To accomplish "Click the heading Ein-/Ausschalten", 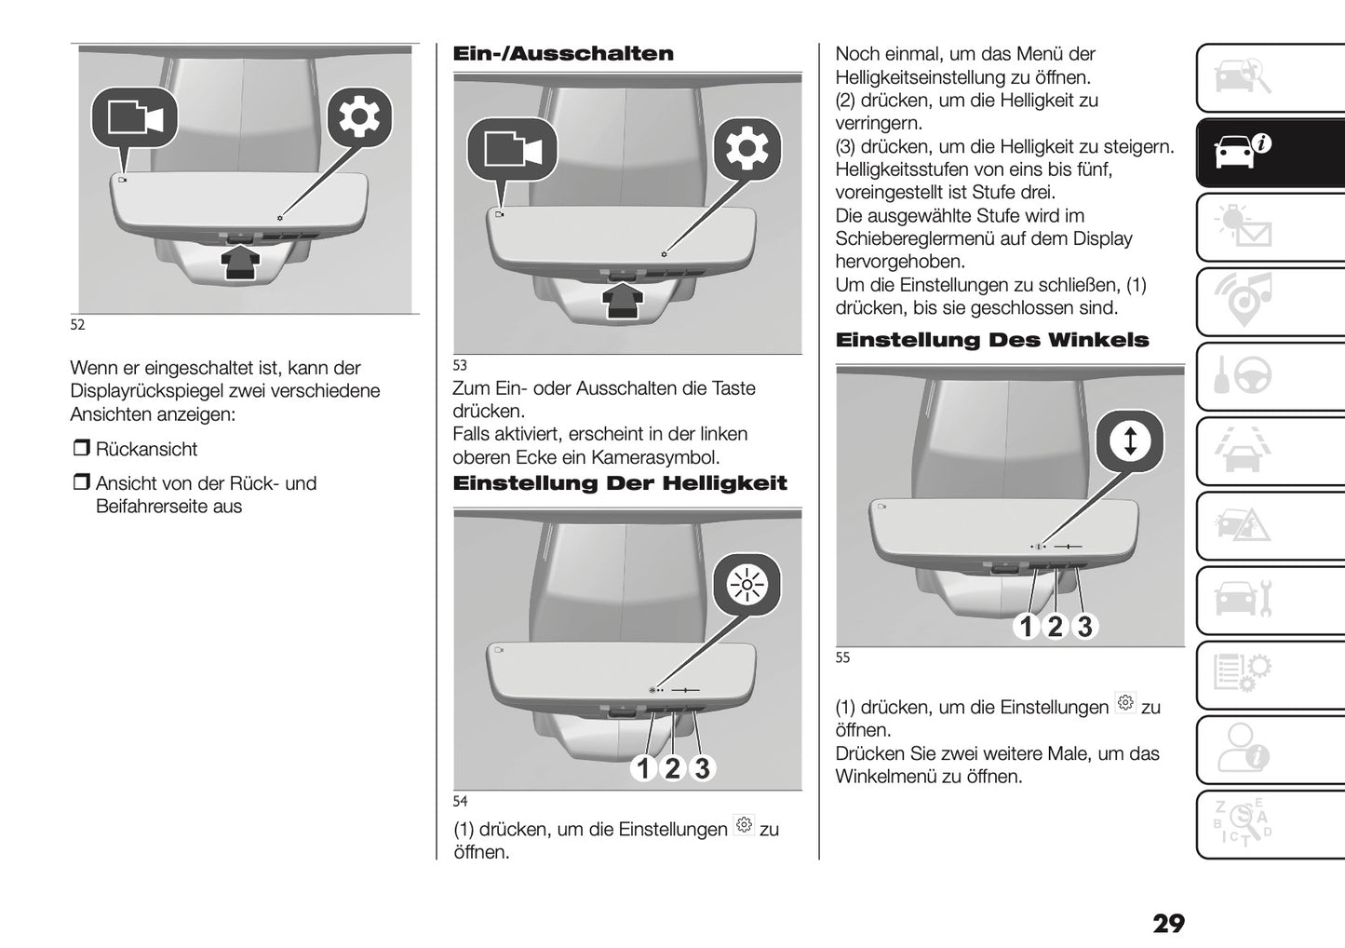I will [x=562, y=54].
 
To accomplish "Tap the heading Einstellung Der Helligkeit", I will [x=619, y=483].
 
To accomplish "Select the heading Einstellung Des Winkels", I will [x=991, y=341].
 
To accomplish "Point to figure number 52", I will [x=77, y=325].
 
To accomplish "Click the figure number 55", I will [x=842, y=658].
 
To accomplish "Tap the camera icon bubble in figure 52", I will [x=135, y=118].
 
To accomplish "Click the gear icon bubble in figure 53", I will [x=747, y=149].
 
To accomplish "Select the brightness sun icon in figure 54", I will [x=746, y=586].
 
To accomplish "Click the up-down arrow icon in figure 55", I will [x=1130, y=440].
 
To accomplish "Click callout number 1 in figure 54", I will [x=643, y=768].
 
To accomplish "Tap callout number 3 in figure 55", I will [x=1084, y=627].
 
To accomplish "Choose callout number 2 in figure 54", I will [x=672, y=768].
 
